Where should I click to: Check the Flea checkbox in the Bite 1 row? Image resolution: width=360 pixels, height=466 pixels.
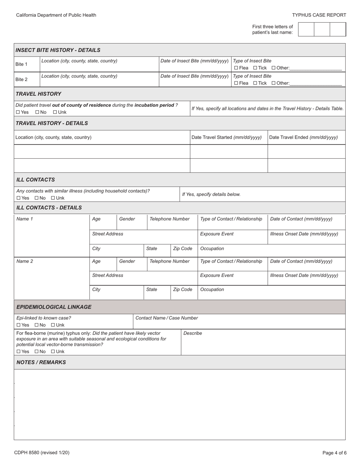point(236,68)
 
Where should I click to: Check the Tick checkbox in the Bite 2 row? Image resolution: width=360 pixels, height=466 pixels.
point(255,83)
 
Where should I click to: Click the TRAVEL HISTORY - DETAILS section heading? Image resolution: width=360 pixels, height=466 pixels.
point(52,123)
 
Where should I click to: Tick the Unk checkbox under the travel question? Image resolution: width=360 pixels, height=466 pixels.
point(55,113)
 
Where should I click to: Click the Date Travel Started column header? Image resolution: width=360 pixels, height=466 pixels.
point(227,138)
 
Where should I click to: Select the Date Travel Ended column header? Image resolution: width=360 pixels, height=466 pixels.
point(303,138)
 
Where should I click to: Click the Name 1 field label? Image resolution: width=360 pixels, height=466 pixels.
point(25,219)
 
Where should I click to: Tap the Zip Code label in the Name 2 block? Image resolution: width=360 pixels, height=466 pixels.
point(183,289)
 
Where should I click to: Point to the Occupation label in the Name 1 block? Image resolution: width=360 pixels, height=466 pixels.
point(212,249)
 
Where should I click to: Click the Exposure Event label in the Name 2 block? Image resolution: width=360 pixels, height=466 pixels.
point(217,275)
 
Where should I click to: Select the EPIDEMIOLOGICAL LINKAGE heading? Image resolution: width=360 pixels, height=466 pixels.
point(54,307)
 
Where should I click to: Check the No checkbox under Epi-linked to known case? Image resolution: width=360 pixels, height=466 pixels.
point(37,325)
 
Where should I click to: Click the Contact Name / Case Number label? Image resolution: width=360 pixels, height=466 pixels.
point(166,318)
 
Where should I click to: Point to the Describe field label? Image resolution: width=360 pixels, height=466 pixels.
point(193,333)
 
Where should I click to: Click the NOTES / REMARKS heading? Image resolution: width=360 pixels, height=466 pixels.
point(41,362)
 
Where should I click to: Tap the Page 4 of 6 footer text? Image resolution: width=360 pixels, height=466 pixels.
point(334,453)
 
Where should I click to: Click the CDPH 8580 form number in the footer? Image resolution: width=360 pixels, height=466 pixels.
point(42,453)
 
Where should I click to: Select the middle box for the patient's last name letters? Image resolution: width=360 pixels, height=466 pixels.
point(322,29)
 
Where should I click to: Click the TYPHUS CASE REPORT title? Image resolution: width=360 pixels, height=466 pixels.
point(319,15)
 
